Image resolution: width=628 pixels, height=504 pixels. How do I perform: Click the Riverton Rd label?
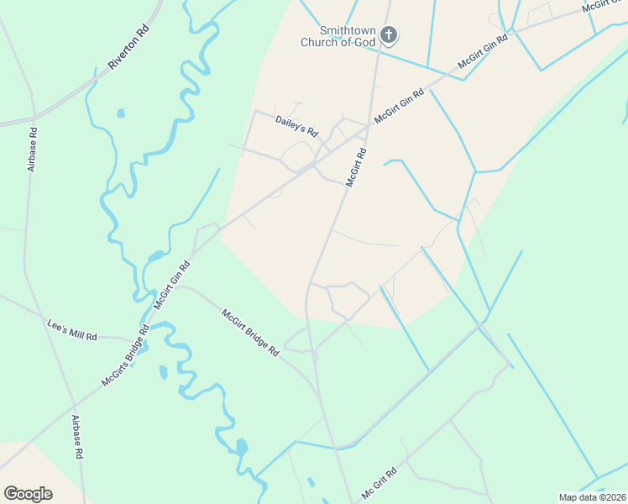point(128,46)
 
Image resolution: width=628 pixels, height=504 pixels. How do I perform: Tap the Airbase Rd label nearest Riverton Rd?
point(31,150)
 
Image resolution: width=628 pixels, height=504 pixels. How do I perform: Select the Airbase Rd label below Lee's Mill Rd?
point(76,437)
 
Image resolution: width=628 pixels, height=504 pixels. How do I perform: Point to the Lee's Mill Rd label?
point(71,329)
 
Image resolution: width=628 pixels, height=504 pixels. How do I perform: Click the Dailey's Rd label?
point(297,127)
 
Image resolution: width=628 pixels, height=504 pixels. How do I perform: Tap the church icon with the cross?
point(388,35)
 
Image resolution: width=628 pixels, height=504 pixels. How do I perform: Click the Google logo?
point(28,494)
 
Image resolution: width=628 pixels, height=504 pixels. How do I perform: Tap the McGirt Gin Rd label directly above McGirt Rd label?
point(400,106)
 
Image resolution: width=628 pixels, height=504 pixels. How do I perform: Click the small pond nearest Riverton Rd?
point(121,113)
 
